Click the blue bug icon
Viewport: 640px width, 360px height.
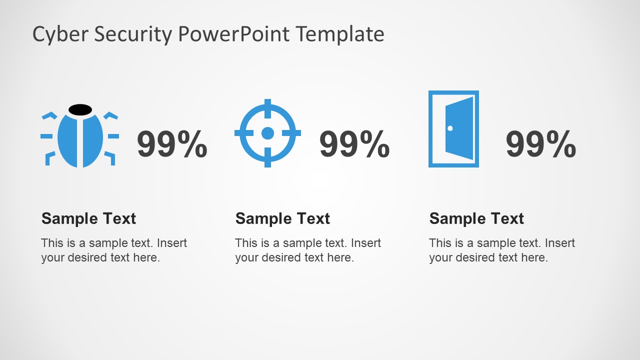click(80, 140)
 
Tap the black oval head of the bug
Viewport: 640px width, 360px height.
click(80, 109)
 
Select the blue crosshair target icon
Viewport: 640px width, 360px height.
click(267, 133)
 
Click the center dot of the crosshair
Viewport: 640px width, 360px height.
click(267, 133)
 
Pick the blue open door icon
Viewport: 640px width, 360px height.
click(453, 129)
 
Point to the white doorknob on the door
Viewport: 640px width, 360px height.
click(450, 128)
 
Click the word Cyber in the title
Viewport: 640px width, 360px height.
click(53, 34)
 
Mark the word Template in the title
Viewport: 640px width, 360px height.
click(340, 34)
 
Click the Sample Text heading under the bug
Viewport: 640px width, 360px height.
click(88, 218)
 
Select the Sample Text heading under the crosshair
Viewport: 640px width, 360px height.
click(282, 218)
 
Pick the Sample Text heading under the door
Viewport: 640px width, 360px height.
click(476, 218)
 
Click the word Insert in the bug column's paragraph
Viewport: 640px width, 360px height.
click(172, 243)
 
